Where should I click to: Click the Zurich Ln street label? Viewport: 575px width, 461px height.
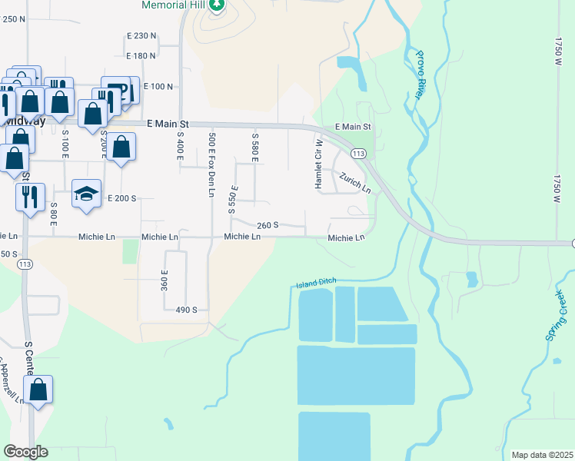pyautogui.click(x=356, y=183)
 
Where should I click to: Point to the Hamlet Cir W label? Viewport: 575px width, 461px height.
pyautogui.click(x=317, y=163)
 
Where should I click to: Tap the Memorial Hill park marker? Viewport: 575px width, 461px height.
pyautogui.click(x=217, y=5)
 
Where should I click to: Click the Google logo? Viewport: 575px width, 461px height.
pyautogui.click(x=25, y=452)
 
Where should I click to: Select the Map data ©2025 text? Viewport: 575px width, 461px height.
pyautogui.click(x=542, y=455)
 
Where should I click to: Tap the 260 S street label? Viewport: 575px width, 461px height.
pyautogui.click(x=268, y=225)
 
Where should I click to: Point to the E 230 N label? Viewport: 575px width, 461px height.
pyautogui.click(x=141, y=36)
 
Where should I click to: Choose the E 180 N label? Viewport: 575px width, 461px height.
pyautogui.click(x=141, y=56)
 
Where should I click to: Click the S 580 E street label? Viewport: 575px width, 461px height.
pyautogui.click(x=255, y=146)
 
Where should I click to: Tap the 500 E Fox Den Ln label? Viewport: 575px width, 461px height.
pyautogui.click(x=211, y=164)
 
